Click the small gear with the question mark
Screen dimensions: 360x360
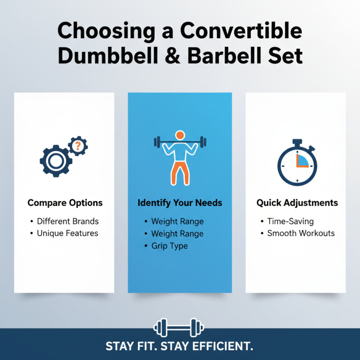click(78, 145)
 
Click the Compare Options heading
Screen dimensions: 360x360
click(65, 203)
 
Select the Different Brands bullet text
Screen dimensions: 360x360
click(67, 221)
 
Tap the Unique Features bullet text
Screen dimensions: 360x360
click(67, 233)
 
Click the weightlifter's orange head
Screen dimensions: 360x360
click(180, 135)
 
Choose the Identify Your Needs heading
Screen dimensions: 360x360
click(180, 203)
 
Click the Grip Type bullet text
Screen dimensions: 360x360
click(169, 246)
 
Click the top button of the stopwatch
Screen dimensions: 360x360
click(297, 142)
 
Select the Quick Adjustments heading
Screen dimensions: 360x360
click(297, 203)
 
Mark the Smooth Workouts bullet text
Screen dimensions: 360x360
click(301, 233)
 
